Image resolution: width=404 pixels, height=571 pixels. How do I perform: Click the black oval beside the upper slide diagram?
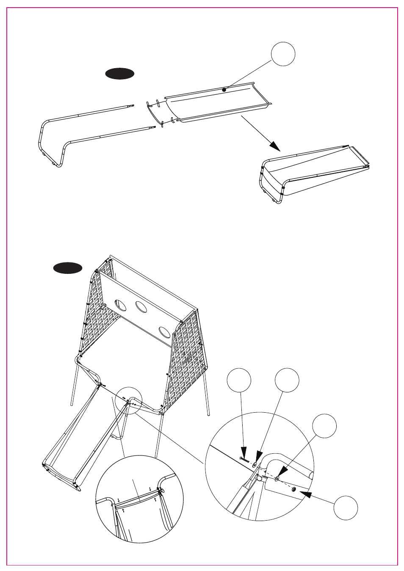click(x=120, y=74)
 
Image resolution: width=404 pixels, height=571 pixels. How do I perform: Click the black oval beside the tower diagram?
click(x=68, y=268)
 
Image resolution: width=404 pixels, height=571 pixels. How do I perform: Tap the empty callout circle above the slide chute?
click(x=283, y=54)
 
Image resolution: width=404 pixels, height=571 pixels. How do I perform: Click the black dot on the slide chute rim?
click(x=224, y=90)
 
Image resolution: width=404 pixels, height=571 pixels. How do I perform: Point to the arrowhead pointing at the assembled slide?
click(x=275, y=146)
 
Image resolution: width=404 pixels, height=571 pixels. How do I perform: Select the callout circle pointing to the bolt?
click(x=239, y=380)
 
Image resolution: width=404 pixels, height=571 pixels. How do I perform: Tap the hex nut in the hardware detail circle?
click(x=293, y=489)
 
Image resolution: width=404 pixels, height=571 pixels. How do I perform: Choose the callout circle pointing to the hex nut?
click(x=346, y=508)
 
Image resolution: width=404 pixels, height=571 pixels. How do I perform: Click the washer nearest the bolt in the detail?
click(x=255, y=465)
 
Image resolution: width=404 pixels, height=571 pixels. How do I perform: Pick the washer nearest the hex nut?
click(x=277, y=479)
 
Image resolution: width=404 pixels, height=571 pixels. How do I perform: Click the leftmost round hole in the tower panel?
click(x=120, y=304)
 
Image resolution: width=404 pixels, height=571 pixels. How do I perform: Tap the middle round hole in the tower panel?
click(x=141, y=306)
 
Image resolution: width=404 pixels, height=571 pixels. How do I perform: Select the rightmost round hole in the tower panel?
click(x=165, y=332)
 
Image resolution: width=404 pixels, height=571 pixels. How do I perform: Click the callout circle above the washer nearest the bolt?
click(x=287, y=380)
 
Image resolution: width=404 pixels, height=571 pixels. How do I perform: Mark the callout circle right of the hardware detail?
click(x=324, y=426)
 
